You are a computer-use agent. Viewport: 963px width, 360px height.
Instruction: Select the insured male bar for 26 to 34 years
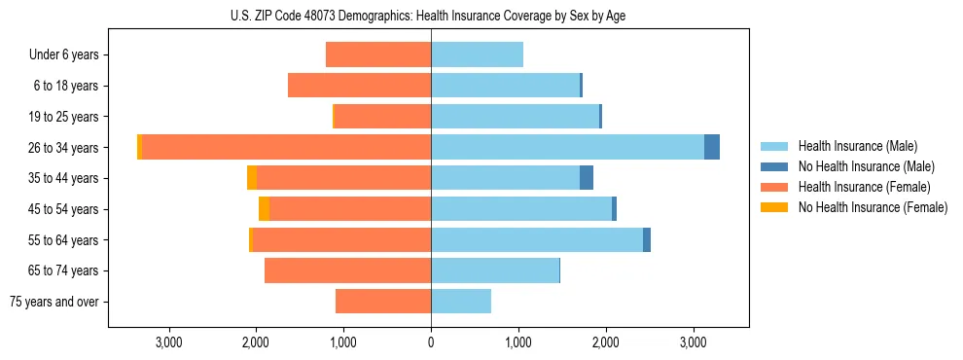point(567,147)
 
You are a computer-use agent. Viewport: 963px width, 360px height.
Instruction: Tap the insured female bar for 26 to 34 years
point(287,147)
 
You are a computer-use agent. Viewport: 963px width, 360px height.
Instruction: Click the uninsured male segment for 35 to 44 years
point(587,178)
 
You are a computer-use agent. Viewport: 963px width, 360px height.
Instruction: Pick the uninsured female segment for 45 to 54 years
point(264,209)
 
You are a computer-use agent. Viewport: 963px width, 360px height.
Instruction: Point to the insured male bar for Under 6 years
point(477,54)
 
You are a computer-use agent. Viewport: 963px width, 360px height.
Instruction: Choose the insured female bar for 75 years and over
point(383,302)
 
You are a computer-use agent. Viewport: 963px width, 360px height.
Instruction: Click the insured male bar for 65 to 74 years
point(495,270)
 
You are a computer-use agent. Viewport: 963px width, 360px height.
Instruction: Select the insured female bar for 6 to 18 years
point(359,86)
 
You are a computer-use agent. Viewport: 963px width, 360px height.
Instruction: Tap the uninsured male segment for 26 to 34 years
point(712,147)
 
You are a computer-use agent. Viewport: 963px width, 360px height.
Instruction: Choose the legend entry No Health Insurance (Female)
point(873,207)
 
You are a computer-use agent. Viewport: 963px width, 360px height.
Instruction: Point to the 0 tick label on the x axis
point(431,342)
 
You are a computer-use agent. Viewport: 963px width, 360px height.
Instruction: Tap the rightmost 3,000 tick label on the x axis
point(693,342)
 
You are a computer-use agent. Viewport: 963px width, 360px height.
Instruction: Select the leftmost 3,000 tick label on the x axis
point(169,342)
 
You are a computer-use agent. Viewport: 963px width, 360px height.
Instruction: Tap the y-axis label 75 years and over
point(54,302)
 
